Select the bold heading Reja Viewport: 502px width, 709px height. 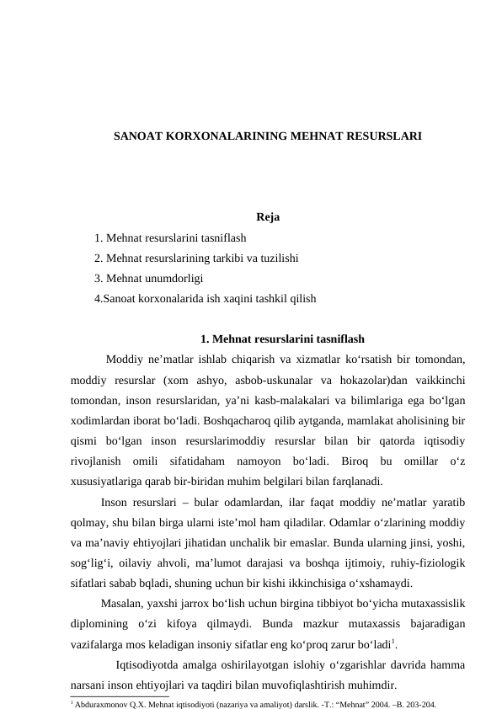coord(268,218)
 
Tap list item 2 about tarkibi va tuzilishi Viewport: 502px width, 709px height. coord(197,258)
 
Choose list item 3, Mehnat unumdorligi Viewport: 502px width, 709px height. coord(148,278)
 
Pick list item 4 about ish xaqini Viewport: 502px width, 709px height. coord(206,297)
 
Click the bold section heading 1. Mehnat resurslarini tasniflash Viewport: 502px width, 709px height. coord(283,339)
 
